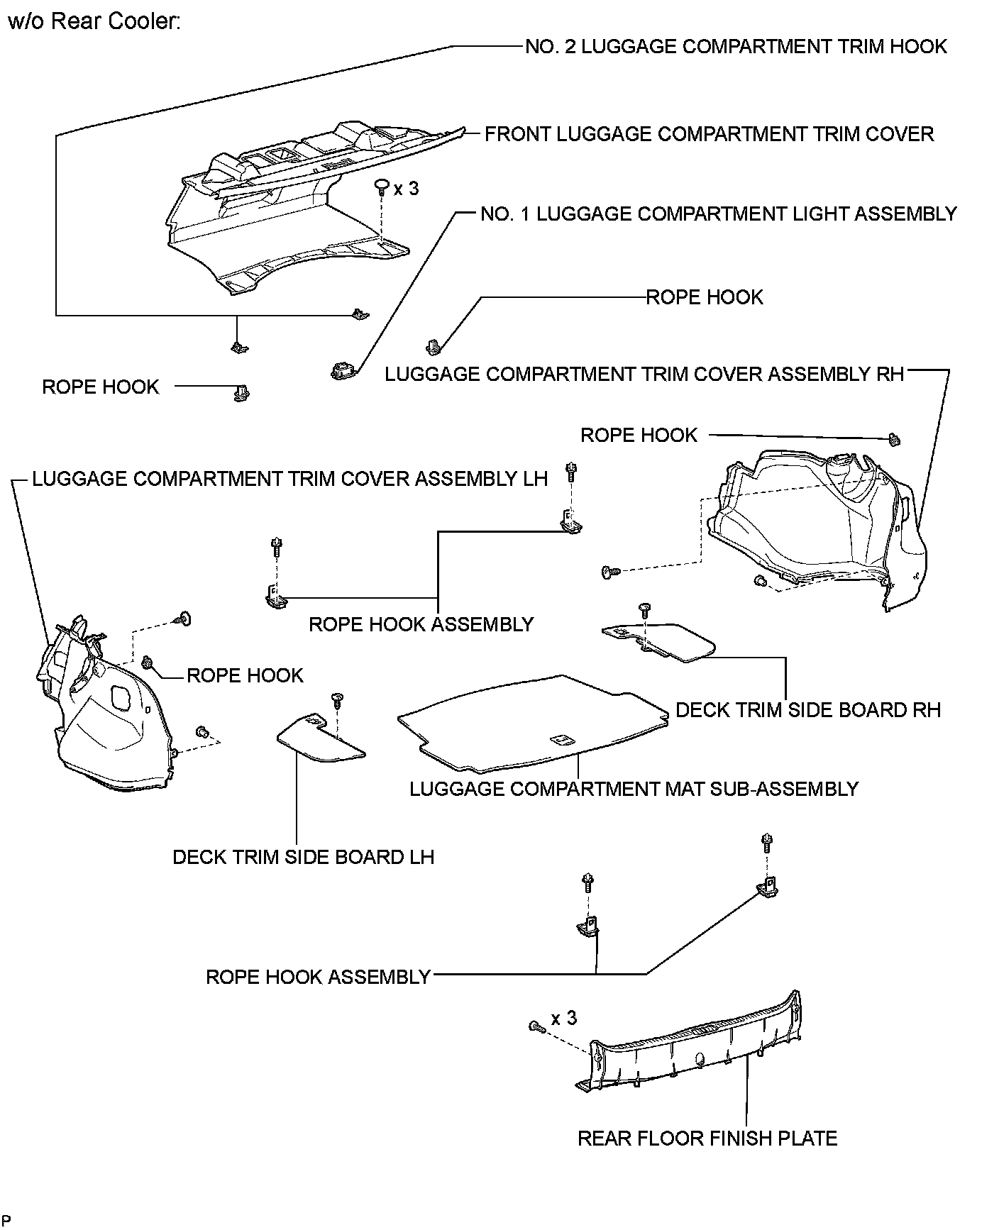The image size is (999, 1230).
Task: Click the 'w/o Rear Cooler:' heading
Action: (94, 22)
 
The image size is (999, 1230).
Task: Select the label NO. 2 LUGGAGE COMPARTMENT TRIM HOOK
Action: (736, 47)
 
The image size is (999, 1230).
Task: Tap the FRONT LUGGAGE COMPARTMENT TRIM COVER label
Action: (709, 134)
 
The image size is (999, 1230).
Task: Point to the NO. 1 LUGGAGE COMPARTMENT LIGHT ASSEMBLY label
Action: (719, 214)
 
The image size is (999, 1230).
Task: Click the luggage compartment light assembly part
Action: (342, 370)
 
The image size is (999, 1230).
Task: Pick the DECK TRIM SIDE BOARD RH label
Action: (808, 710)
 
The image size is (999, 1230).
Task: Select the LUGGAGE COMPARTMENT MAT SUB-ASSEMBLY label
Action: (634, 789)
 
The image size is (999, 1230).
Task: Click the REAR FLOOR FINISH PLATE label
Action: (707, 1138)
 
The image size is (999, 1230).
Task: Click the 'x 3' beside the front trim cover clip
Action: (407, 189)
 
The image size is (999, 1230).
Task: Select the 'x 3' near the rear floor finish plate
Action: (564, 1019)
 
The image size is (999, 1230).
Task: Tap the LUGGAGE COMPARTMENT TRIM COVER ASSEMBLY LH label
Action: (290, 479)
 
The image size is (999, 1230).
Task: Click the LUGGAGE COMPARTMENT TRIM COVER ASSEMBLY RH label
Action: (644, 374)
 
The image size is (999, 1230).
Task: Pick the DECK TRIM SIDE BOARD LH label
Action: (303, 857)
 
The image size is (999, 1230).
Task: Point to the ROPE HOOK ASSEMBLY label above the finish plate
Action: (318, 977)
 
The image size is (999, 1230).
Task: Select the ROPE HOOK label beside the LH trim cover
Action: (245, 675)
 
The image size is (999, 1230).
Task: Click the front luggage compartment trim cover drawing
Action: (284, 213)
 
